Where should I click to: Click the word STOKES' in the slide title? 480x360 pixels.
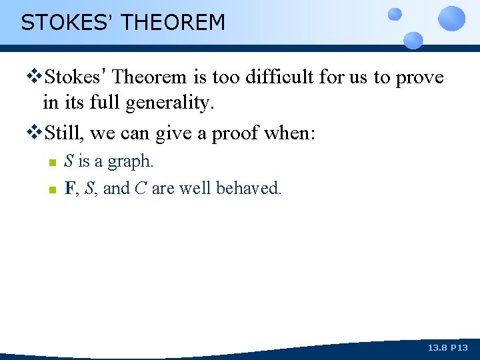(67, 23)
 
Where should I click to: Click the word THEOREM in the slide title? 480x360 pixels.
(174, 23)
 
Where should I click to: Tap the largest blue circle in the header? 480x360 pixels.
(453, 18)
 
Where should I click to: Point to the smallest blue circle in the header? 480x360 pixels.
(395, 13)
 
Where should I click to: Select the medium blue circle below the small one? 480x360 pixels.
(413, 39)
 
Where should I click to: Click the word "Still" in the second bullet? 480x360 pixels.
(64, 133)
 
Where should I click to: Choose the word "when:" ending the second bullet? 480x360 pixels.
(291, 133)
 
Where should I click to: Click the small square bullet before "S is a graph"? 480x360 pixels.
(51, 163)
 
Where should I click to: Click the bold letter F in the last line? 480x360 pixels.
(69, 188)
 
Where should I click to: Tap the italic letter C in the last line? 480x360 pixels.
(140, 188)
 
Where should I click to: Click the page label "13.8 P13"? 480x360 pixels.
(448, 348)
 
